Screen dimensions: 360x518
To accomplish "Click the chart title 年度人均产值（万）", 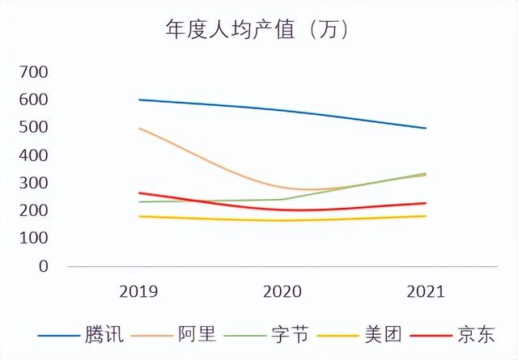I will click(257, 31).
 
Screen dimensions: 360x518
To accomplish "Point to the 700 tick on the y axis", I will click(34, 73).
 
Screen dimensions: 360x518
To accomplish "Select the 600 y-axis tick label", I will click(34, 100).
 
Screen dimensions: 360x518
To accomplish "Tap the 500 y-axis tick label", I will click(34, 128).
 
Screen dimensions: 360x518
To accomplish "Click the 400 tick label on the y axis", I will click(34, 155).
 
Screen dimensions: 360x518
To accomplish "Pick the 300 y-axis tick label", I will click(34, 184).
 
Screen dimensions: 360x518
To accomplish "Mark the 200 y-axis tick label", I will click(34, 211).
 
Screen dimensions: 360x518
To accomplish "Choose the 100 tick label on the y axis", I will click(34, 239).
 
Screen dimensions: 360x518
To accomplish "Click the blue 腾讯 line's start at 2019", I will click(139, 100).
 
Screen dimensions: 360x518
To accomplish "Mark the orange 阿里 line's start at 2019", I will click(139, 128).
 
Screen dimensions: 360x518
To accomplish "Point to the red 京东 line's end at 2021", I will click(426, 203).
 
